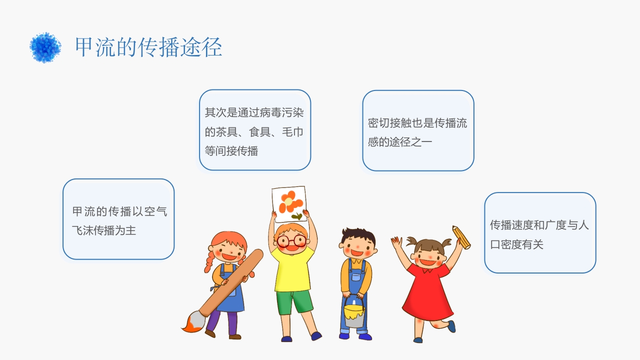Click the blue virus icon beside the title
45,47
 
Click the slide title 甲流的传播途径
148,47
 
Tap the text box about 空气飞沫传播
118,219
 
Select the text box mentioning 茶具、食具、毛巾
255,130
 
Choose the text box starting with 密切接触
418,131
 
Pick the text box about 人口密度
540,233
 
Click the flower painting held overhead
289,204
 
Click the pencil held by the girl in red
461,237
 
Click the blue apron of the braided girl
229,292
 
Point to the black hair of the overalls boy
358,235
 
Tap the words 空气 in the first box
155,211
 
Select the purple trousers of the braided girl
224,322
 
